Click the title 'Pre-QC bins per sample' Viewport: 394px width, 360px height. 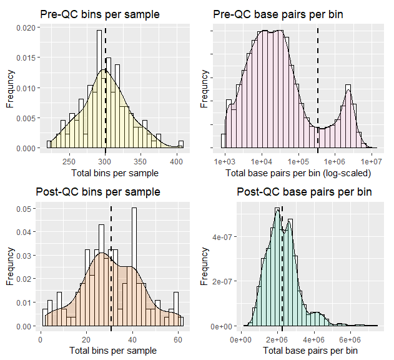(99, 14)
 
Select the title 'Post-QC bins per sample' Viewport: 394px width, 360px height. (100, 192)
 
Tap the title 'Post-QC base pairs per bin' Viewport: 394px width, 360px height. (305, 192)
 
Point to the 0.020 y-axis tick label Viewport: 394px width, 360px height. (24, 28)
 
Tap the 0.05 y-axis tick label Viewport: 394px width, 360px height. (27, 209)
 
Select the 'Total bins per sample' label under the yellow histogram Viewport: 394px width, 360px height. (115, 172)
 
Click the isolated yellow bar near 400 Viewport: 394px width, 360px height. (180, 145)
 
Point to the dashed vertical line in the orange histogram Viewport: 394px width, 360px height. (111, 269)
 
